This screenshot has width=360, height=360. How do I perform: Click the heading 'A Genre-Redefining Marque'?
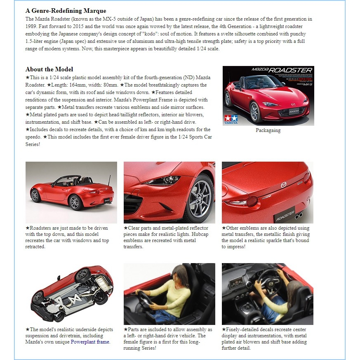66,11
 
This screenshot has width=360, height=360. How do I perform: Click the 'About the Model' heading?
49,69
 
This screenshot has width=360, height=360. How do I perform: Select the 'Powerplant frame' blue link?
90,342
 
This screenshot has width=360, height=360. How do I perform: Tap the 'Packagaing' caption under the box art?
268,130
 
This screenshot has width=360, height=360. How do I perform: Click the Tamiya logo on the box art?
230,120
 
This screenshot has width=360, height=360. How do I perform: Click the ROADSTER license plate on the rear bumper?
285,214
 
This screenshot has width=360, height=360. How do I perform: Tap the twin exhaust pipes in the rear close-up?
300,214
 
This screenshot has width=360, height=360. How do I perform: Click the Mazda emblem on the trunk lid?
283,185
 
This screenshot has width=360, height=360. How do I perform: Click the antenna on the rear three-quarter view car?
109,179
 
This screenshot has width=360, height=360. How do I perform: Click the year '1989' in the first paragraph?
31,26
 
